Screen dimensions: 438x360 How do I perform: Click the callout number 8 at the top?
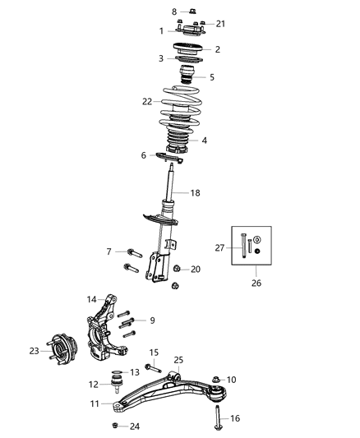click(x=173, y=12)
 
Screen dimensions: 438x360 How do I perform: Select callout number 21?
click(x=219, y=24)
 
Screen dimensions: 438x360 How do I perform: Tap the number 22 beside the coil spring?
click(x=147, y=101)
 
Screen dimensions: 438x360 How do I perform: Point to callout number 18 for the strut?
click(x=218, y=193)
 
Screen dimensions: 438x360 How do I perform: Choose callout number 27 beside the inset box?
click(x=219, y=246)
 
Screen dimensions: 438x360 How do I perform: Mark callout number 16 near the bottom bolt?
click(x=235, y=418)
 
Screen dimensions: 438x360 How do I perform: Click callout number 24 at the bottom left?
click(x=136, y=426)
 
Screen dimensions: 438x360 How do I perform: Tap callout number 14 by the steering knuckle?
click(x=92, y=299)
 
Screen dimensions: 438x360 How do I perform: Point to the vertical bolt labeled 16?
click(x=216, y=412)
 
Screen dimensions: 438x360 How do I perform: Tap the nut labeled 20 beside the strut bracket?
click(x=177, y=270)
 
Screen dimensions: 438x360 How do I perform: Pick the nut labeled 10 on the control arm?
click(x=215, y=379)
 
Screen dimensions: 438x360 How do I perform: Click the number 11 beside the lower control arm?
click(x=95, y=404)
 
